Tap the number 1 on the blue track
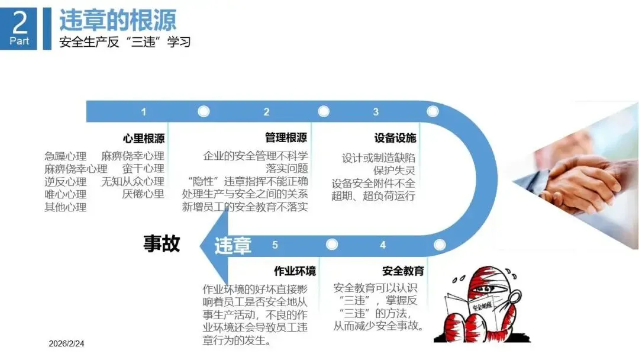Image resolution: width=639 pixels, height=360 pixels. (x=143, y=111)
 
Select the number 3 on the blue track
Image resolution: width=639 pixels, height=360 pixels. (x=376, y=111)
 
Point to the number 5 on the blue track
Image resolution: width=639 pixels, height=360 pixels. (x=275, y=245)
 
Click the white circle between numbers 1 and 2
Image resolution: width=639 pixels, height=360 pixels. (x=204, y=111)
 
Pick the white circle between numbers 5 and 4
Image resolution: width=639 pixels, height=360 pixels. (x=332, y=245)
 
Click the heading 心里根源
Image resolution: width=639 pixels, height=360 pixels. (x=144, y=139)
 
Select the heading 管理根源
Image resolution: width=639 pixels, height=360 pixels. (x=286, y=138)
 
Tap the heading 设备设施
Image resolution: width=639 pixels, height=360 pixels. (x=395, y=139)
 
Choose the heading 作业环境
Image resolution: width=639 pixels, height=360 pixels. (x=295, y=271)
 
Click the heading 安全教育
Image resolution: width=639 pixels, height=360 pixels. (x=403, y=271)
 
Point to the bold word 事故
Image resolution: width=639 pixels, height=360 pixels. (x=162, y=243)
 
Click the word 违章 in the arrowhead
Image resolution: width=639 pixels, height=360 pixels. (x=233, y=245)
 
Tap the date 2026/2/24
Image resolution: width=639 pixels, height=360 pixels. (x=67, y=343)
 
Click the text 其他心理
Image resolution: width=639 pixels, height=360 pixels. (x=66, y=207)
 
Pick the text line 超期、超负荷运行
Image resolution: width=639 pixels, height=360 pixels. (x=373, y=195)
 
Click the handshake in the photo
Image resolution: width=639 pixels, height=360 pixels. (x=577, y=184)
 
